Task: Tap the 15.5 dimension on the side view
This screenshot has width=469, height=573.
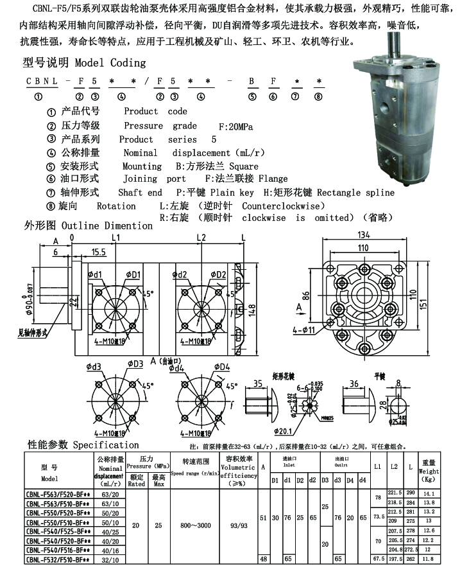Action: tap(98, 251)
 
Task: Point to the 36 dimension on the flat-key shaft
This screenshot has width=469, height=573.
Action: tap(354, 383)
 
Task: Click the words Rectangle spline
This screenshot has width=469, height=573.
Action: tap(356, 192)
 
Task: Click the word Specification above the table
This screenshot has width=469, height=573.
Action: tap(106, 445)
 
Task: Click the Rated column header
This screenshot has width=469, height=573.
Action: tap(136, 484)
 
